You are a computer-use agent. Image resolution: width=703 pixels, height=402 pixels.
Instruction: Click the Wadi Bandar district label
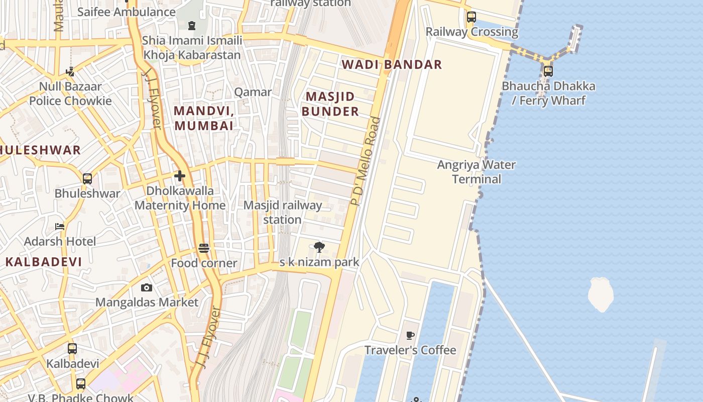(392, 64)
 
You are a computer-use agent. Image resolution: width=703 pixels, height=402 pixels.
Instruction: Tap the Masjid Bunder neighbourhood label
(330, 104)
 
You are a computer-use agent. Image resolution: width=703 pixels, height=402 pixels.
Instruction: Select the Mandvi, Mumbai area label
(204, 118)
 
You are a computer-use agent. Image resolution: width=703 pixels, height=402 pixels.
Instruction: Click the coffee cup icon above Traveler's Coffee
(410, 335)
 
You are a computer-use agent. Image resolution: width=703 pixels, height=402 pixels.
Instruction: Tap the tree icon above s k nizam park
(319, 247)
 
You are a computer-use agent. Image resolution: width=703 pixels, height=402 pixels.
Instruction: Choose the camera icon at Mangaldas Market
(147, 287)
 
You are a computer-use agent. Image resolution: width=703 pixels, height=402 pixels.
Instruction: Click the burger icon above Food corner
(204, 248)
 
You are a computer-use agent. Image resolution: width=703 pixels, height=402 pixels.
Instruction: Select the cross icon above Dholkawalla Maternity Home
(180, 176)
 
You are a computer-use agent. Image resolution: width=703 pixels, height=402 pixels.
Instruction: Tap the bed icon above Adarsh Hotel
(59, 227)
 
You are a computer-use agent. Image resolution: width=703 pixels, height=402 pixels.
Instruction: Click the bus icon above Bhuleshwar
(87, 179)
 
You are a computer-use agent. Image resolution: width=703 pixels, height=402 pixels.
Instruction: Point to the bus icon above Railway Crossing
(471, 17)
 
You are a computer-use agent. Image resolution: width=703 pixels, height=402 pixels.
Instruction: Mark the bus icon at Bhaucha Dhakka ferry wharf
(548, 71)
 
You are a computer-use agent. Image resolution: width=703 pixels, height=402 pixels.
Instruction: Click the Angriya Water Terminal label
(476, 172)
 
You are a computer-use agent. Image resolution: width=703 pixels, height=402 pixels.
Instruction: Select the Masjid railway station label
(282, 212)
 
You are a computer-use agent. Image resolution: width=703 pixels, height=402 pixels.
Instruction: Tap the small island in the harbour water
(601, 294)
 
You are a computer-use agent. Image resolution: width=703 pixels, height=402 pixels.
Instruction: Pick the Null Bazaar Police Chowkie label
(70, 93)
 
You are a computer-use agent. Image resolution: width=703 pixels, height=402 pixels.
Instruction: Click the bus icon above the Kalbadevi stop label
(72, 349)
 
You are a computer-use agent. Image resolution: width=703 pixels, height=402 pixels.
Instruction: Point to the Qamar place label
(253, 92)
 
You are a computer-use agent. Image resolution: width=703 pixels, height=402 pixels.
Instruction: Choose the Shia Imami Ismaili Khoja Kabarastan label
(192, 47)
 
